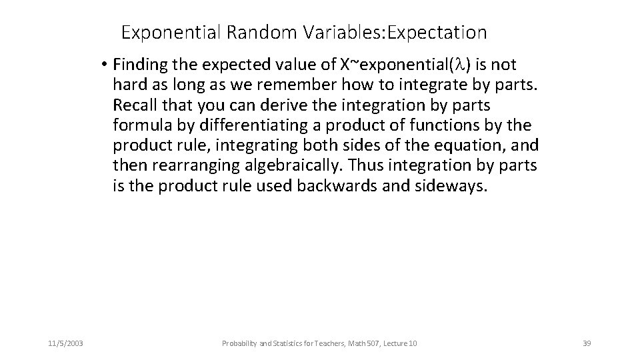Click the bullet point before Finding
(x=105, y=65)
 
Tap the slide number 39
(x=587, y=343)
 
